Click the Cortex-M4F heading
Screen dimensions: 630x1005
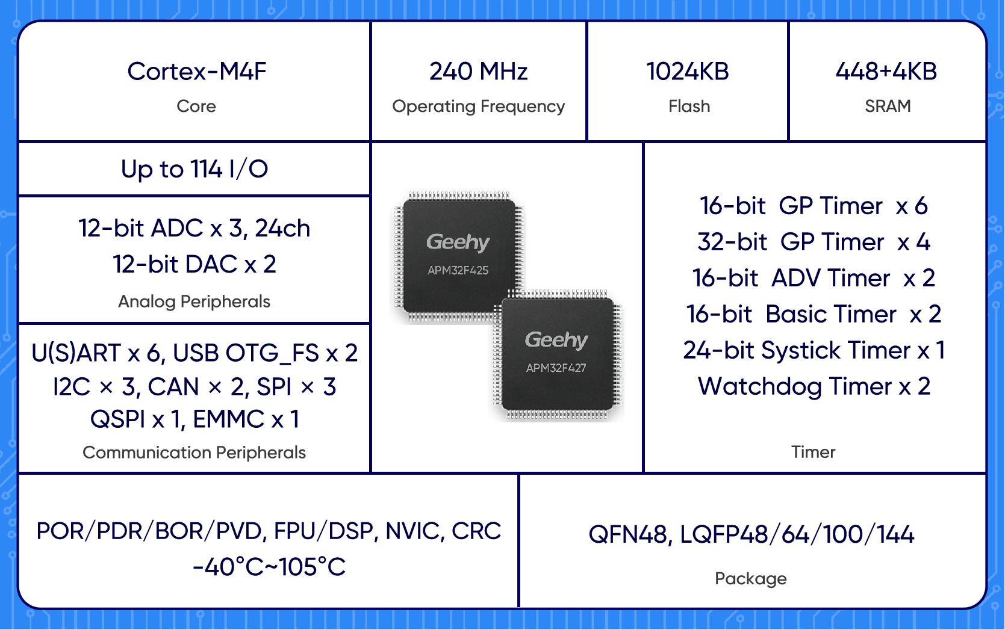click(196, 72)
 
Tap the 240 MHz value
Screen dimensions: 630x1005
click(478, 72)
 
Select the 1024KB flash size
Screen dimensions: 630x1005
click(687, 72)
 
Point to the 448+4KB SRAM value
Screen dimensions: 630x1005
click(886, 72)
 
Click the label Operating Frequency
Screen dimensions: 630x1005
click(478, 107)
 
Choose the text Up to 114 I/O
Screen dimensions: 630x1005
click(194, 169)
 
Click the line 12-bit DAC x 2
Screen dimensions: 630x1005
click(194, 264)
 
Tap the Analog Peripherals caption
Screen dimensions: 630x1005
click(194, 301)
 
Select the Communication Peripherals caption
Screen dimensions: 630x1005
click(194, 452)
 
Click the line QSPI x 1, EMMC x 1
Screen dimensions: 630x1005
click(194, 419)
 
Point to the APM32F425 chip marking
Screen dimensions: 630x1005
click(458, 271)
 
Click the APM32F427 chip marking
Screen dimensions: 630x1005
click(556, 368)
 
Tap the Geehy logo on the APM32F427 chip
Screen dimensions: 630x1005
click(556, 340)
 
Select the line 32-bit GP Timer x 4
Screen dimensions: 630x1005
click(814, 242)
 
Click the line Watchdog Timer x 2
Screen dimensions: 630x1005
click(814, 386)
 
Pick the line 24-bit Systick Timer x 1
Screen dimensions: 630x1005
click(814, 350)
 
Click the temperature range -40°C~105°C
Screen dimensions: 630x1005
click(269, 567)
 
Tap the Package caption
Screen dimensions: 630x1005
click(750, 579)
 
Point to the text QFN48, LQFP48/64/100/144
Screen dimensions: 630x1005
click(751, 534)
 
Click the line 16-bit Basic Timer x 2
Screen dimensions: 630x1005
click(814, 314)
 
